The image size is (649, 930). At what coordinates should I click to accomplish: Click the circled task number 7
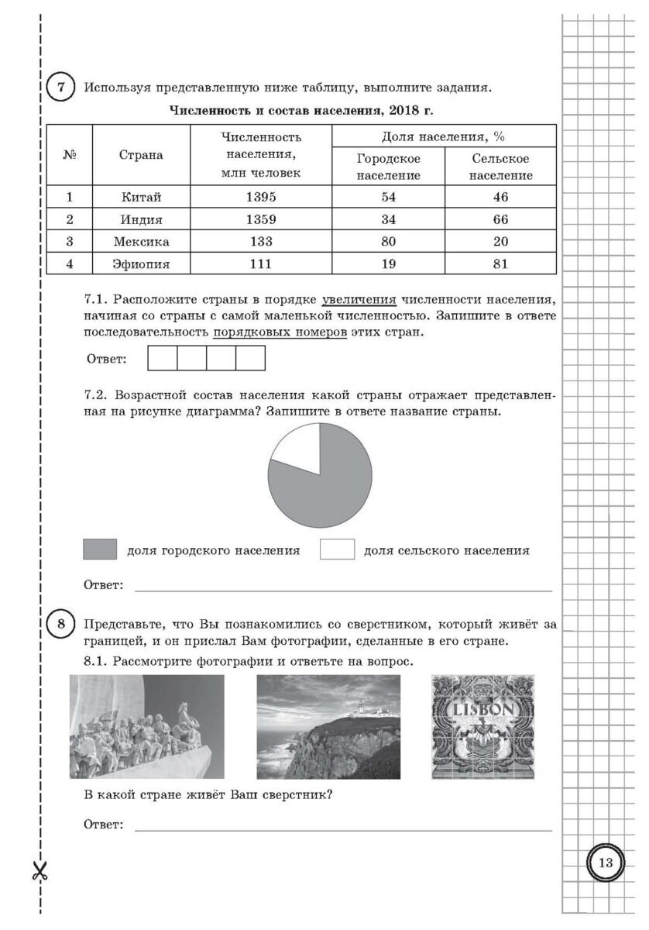pyautogui.click(x=61, y=87)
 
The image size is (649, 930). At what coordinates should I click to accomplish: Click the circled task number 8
pyautogui.click(x=61, y=623)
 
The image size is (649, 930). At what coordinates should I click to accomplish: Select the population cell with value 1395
pyautogui.click(x=261, y=197)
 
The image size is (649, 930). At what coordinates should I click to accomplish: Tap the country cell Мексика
pyautogui.click(x=141, y=241)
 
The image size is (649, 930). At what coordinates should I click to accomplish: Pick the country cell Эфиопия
pyautogui.click(x=141, y=263)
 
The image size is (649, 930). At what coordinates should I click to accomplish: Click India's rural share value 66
pyautogui.click(x=500, y=219)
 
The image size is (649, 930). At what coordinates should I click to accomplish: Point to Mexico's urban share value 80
pyautogui.click(x=389, y=241)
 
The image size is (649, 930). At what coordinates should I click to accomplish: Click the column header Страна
pyautogui.click(x=141, y=155)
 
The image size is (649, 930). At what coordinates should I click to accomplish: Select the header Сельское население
pyautogui.click(x=500, y=167)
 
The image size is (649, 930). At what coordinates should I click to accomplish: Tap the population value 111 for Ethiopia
pyautogui.click(x=261, y=263)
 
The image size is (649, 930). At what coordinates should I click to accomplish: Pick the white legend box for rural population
pyautogui.click(x=337, y=550)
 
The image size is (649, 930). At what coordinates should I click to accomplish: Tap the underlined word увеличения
pyautogui.click(x=359, y=299)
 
